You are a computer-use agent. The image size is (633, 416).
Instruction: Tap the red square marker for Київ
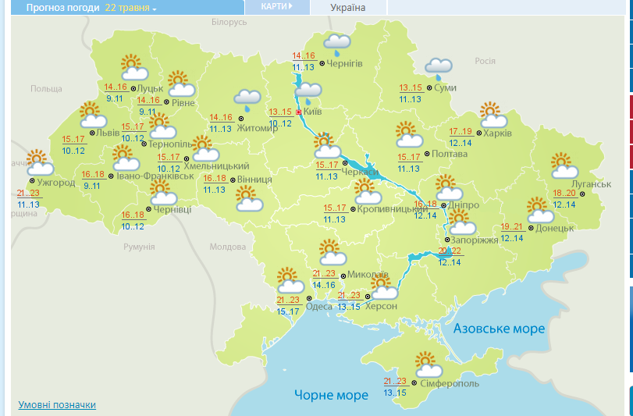[x=298, y=112]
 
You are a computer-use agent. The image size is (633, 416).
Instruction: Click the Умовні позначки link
[x=57, y=405]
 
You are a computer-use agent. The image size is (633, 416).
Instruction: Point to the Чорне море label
[x=331, y=396]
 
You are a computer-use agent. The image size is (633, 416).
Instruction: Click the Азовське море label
[x=499, y=329]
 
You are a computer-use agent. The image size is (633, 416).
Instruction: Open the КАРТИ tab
[x=277, y=6]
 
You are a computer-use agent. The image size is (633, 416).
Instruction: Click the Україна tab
[x=347, y=8]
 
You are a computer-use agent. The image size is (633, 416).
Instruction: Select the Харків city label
[x=497, y=133]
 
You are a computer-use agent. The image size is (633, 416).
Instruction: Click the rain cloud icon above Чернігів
[x=337, y=44]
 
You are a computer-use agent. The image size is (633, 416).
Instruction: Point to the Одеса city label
[x=318, y=307]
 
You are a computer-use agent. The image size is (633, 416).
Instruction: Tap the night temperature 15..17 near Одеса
[x=288, y=312]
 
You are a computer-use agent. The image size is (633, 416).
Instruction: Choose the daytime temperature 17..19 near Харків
[x=461, y=131]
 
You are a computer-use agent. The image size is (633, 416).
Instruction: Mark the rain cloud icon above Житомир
[x=248, y=100]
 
